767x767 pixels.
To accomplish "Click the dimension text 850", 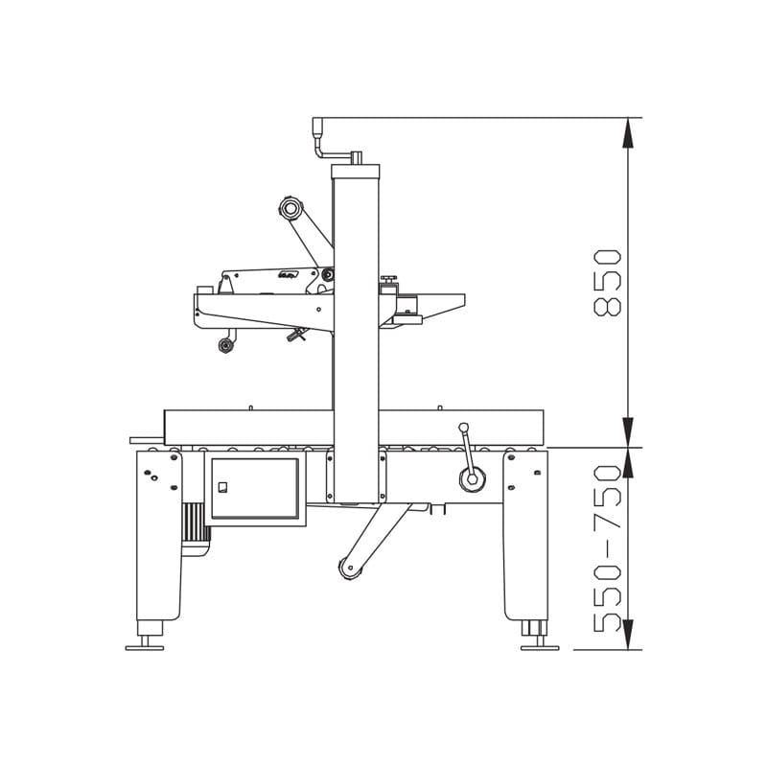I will (608, 283).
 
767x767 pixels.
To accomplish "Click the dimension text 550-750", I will (608, 548).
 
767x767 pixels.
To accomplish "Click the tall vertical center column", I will (356, 336).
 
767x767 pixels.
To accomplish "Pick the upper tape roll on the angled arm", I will (291, 207).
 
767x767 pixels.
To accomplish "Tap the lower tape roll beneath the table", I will (350, 568).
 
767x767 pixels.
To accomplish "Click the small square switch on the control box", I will (222, 487).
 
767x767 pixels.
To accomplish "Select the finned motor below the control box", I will (196, 527).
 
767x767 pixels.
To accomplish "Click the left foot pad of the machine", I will (145, 647).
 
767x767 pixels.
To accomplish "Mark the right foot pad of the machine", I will (539, 647).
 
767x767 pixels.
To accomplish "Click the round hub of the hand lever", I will (472, 479).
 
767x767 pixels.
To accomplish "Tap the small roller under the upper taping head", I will (226, 345).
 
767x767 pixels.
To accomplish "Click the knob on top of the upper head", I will (388, 280).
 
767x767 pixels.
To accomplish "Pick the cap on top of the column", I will (356, 172).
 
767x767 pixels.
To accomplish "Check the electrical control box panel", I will (255, 489).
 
